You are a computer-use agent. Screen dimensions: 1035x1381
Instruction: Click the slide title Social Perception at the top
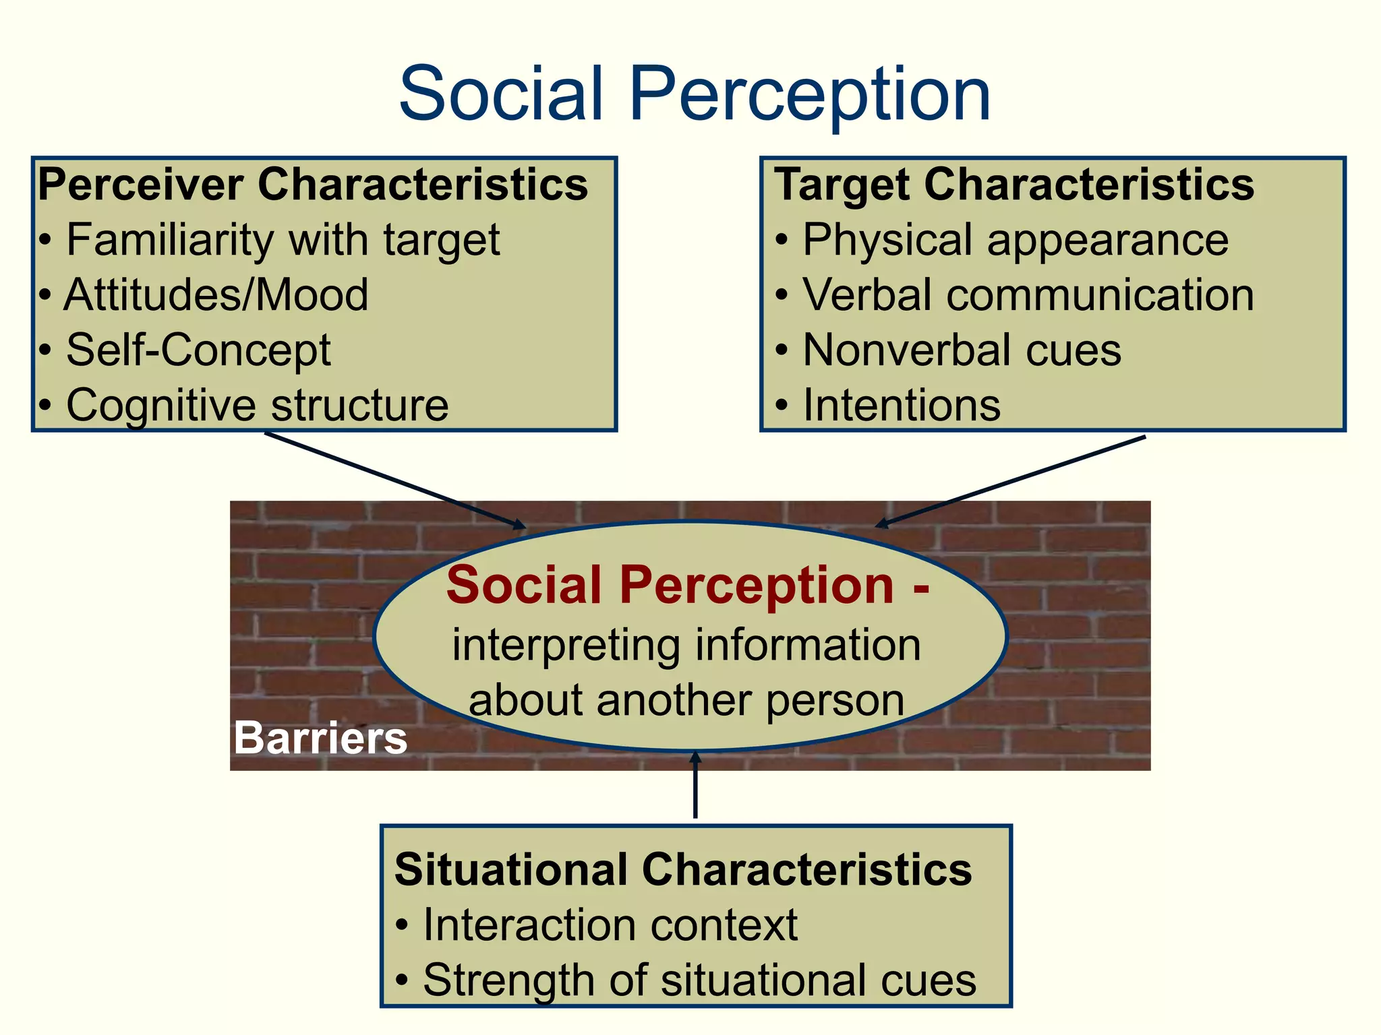[x=695, y=94]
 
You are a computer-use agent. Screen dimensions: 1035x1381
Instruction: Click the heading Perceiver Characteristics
[x=313, y=185]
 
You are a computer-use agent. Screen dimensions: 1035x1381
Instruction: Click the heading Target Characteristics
[x=1014, y=185]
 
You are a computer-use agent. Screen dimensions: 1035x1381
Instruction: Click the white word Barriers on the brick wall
[x=320, y=738]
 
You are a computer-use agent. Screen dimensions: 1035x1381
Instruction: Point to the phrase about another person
[x=686, y=701]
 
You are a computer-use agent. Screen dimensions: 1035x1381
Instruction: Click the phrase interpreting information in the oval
[x=686, y=646]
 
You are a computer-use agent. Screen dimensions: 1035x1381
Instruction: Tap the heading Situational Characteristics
[x=683, y=870]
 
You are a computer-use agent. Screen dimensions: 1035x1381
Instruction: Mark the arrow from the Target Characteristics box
[x=1011, y=481]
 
